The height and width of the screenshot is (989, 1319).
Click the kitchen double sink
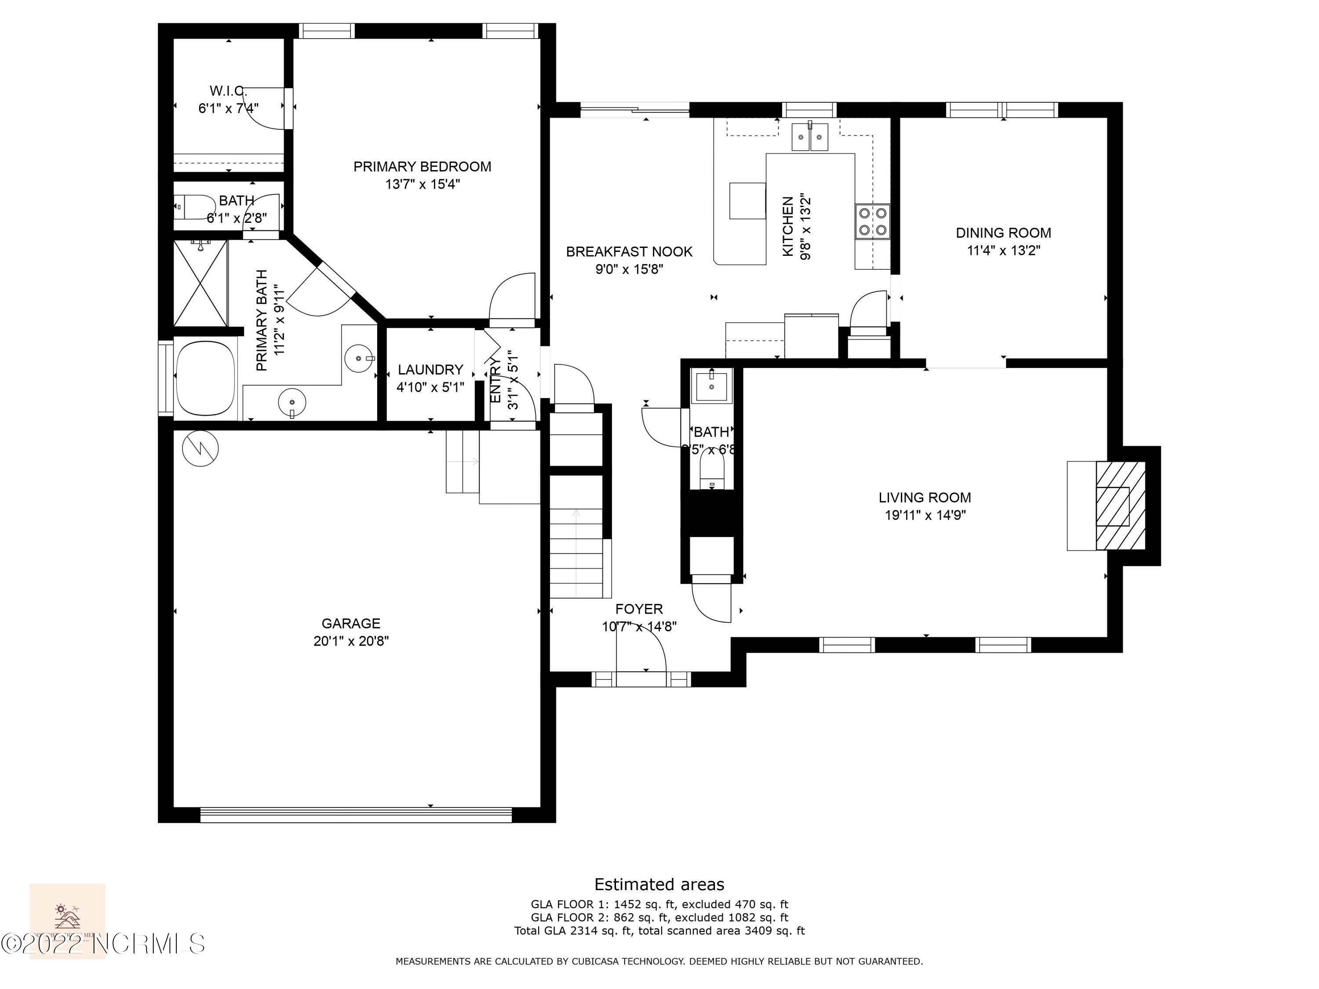click(x=810, y=137)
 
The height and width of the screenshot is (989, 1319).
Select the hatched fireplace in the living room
click(x=1120, y=505)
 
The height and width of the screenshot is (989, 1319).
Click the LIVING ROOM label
click(x=924, y=497)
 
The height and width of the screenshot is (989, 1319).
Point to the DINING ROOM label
click(x=1003, y=233)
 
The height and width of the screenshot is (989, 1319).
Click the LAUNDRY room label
click(x=430, y=370)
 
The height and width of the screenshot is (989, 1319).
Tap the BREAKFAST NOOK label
click(x=628, y=251)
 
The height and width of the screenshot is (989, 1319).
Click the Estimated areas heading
click(x=659, y=884)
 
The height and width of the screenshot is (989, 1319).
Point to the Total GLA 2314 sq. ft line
click(x=659, y=931)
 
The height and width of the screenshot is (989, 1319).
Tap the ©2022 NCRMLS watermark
click(x=102, y=944)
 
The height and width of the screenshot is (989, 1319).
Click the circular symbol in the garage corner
click(x=200, y=448)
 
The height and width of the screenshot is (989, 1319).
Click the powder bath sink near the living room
click(x=711, y=385)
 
